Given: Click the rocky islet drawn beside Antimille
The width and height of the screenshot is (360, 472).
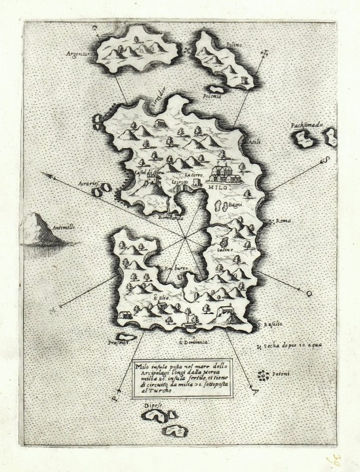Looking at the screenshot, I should [x=43, y=229].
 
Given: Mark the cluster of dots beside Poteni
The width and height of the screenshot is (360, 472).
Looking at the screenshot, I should [x=264, y=376].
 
